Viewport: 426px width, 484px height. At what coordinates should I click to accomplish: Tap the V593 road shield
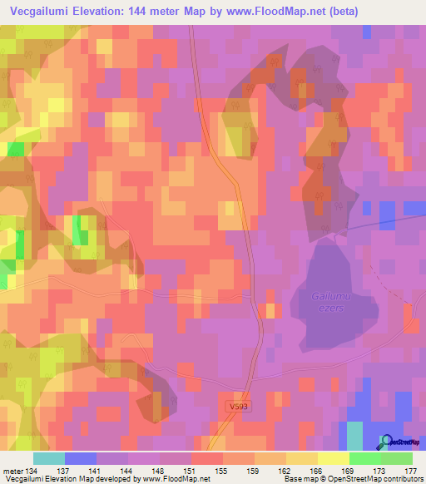(x=235, y=407)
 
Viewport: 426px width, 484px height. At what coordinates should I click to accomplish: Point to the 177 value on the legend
(x=409, y=470)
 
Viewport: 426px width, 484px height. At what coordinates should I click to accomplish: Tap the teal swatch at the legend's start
(x=49, y=458)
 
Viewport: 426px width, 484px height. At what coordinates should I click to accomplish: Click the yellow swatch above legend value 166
(x=302, y=458)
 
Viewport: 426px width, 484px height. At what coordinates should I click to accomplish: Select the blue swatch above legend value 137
(x=81, y=458)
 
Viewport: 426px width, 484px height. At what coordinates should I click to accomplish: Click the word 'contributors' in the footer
(x=403, y=479)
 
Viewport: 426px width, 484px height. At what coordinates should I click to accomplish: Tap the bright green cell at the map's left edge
(x=15, y=149)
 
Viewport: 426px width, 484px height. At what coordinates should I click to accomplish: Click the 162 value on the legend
(x=270, y=470)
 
